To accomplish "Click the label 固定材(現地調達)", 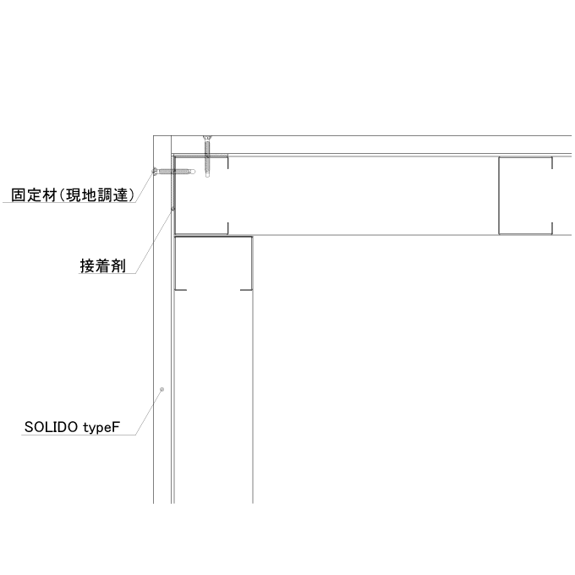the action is point(73,194).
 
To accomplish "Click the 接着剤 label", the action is point(102,266).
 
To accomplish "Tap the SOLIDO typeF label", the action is point(72,427).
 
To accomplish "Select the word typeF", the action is point(101,428).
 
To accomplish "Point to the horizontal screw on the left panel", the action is point(173,172).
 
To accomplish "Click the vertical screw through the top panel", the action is point(207,156).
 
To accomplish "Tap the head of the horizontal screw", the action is point(155,172).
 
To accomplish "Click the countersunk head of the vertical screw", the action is point(207,138).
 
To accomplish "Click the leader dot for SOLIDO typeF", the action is point(162,389).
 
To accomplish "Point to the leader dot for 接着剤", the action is point(173,209).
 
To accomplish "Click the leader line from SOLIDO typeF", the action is point(149,412).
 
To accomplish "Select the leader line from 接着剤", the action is point(154,241).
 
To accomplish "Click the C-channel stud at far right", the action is point(525,195).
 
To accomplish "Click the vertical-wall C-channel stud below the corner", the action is point(213,263).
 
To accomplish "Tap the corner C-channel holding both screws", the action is point(201,194).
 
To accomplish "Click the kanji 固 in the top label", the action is point(18,195).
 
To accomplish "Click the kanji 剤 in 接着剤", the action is point(118,266).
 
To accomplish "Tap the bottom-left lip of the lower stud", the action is point(180,290).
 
